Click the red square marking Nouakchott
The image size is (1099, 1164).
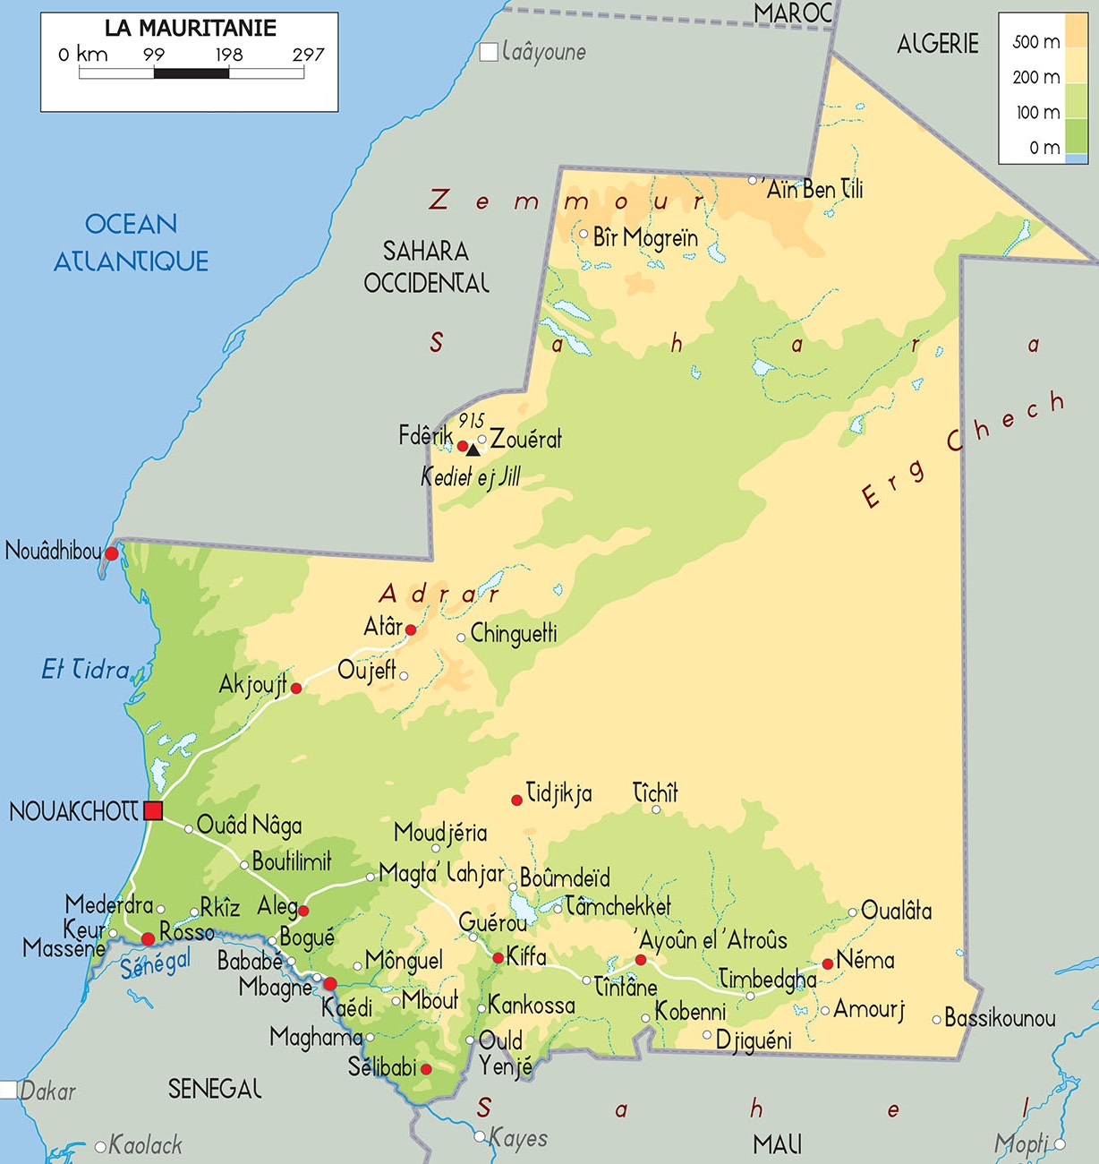coord(153,811)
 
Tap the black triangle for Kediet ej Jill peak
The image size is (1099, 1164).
coord(473,450)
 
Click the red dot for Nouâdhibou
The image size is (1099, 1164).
coord(111,554)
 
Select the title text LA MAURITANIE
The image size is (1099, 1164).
coord(190,29)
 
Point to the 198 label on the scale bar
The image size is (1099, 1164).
coord(229,55)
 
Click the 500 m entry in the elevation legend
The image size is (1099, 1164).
coord(1036,42)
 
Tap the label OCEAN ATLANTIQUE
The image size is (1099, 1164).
coord(131,242)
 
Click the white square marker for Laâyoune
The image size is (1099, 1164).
coord(489,52)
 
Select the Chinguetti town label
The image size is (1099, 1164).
coord(514,634)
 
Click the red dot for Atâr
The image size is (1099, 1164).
coord(411,630)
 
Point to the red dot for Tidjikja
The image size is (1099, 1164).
coord(516,800)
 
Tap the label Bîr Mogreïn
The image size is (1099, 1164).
coord(645,237)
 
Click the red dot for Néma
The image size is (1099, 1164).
coord(828,963)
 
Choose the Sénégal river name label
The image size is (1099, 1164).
coord(156,963)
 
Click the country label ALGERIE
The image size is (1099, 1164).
coord(937,43)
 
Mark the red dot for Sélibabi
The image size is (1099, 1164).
coord(426,1069)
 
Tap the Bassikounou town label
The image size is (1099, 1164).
coord(1000,1018)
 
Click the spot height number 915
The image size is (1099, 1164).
coord(471,421)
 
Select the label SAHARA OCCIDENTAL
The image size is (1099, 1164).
coord(426,267)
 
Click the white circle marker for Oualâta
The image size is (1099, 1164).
coord(853,912)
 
